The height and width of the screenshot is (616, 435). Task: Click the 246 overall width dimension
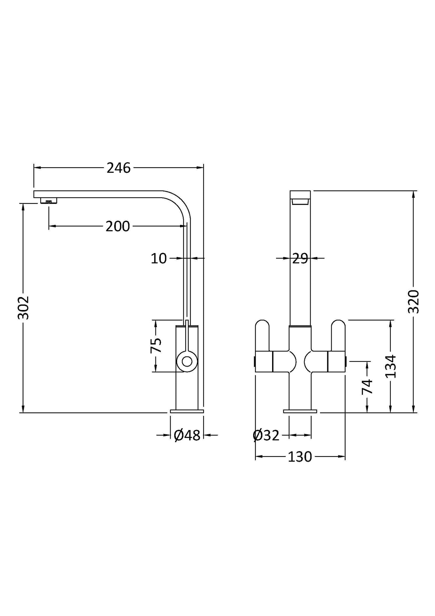119,168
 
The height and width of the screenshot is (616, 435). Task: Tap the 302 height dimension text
23,308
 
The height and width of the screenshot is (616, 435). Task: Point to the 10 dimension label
159,258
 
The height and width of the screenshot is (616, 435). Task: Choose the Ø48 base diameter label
187,435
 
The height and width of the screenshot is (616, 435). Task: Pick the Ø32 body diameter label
266,436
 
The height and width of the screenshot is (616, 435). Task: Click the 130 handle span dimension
300,457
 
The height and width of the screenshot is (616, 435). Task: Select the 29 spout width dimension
300,258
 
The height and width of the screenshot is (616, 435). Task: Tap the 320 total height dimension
414,302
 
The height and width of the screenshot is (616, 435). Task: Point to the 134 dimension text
391,366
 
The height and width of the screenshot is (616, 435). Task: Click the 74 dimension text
367,387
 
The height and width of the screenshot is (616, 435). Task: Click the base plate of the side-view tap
187,411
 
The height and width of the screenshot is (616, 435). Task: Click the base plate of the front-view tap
300,411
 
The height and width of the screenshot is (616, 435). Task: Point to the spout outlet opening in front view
300,202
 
